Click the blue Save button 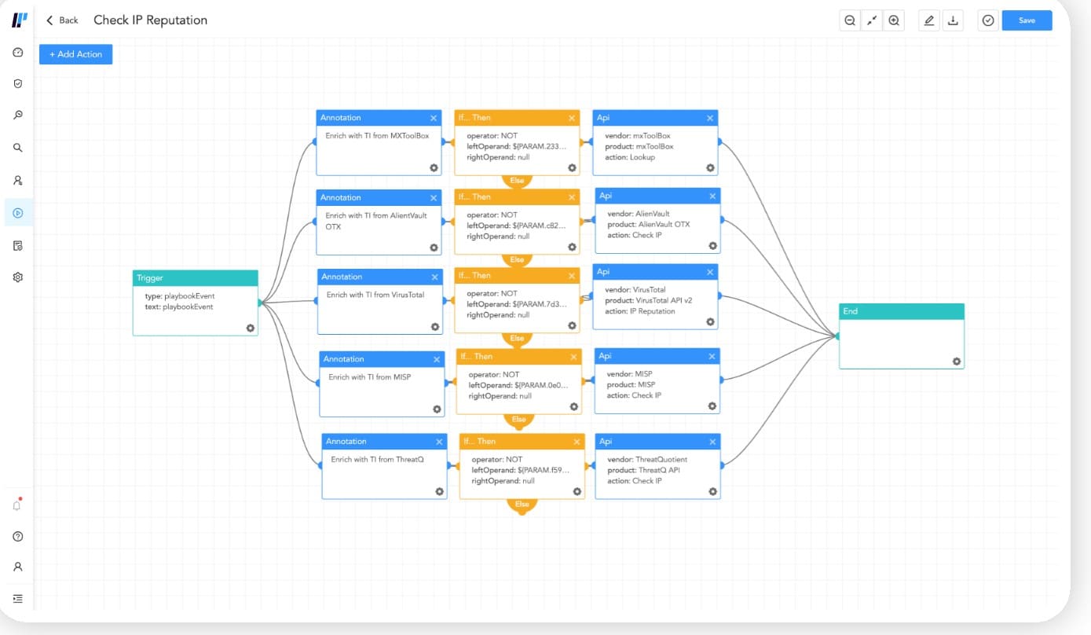pos(1027,20)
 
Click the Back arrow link pos(62,20)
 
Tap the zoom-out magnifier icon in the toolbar pos(850,20)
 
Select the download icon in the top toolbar pos(953,20)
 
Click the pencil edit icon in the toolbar pos(929,20)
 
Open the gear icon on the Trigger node pos(251,328)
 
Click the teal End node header pos(902,311)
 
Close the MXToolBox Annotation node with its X pos(434,118)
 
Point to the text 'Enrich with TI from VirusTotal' pos(375,295)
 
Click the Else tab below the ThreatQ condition pos(522,505)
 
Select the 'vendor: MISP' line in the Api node pos(629,374)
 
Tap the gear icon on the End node pos(957,362)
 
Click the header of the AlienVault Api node pos(657,196)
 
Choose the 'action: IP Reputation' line pos(640,311)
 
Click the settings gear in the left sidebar pos(18,277)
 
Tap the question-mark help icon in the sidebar pos(18,537)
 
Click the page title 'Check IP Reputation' pos(151,20)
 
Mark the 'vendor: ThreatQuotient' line pos(647,460)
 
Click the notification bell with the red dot pos(17,505)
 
